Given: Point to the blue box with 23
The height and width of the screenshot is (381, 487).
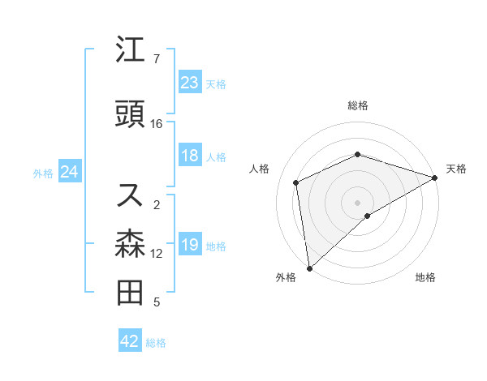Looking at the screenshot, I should pyautogui.click(x=189, y=83).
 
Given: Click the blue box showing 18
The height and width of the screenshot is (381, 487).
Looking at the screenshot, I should pyautogui.click(x=189, y=156).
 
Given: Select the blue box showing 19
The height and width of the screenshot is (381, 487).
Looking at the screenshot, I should pyautogui.click(x=189, y=246).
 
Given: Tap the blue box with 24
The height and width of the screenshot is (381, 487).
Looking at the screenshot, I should pyautogui.click(x=69, y=172).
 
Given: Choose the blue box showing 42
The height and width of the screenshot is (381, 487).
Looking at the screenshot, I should pyautogui.click(x=130, y=342).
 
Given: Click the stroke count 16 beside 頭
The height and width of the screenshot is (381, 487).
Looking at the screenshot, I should pyautogui.click(x=157, y=124).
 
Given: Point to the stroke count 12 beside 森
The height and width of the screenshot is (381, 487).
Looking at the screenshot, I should pyautogui.click(x=157, y=254).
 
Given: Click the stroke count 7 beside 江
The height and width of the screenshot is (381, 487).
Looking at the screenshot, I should pyautogui.click(x=157, y=59).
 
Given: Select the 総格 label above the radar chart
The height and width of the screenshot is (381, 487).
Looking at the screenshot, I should pyautogui.click(x=357, y=105).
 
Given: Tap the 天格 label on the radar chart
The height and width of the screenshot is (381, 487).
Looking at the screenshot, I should pyautogui.click(x=456, y=169).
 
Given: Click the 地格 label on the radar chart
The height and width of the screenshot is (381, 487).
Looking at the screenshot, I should pyautogui.click(x=425, y=278).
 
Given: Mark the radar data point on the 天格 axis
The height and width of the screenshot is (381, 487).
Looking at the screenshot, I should pyautogui.click(x=434, y=178).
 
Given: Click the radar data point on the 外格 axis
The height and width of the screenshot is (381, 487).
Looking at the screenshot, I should pyautogui.click(x=308, y=268).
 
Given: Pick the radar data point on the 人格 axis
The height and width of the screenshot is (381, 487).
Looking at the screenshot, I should pyautogui.click(x=296, y=182).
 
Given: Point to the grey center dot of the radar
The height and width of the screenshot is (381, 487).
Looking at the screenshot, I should pyautogui.click(x=357, y=202).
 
